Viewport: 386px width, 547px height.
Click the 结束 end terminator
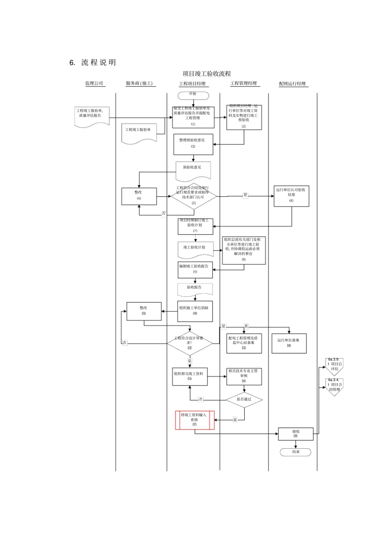coord(295,452)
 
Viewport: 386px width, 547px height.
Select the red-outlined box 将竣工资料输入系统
coord(194,420)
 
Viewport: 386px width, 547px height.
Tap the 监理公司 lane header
coord(94,83)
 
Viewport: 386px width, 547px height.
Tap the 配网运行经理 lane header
coord(292,84)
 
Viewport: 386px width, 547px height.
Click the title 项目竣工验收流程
coord(207,74)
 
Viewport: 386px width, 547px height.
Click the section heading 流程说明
coord(98,62)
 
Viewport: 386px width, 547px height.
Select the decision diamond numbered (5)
coord(193,196)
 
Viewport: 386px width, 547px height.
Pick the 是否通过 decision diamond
coord(244,399)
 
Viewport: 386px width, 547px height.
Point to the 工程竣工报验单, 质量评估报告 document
coord(92,116)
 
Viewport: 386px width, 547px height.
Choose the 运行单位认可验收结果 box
coord(291,195)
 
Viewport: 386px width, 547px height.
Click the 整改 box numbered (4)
coord(139,196)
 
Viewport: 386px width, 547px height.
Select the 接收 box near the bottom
coord(295,434)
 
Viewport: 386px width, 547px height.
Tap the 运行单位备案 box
coord(288,343)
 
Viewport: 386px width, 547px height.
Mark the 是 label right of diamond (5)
coord(245,195)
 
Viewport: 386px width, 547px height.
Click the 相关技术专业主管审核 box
coord(244,376)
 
